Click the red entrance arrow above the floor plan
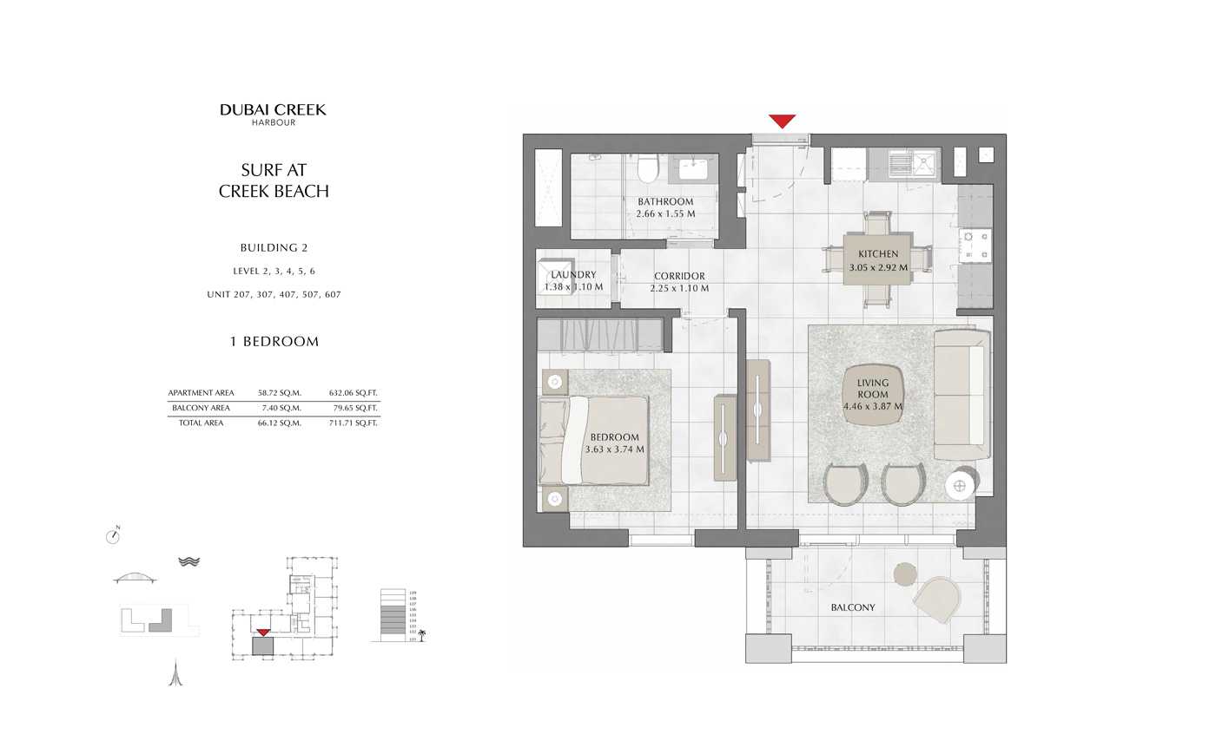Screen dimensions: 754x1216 pyautogui.click(x=782, y=121)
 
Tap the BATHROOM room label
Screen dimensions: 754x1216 pyautogui.click(x=665, y=201)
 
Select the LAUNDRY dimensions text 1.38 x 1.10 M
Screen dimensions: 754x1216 pyautogui.click(x=573, y=287)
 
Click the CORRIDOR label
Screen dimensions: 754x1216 pyautogui.click(x=679, y=276)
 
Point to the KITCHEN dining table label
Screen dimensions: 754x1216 pyautogui.click(x=878, y=254)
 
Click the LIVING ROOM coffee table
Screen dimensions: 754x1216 pyautogui.click(x=873, y=395)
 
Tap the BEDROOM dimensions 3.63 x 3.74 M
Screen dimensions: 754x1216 pyautogui.click(x=615, y=449)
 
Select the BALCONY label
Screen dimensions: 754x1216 pyautogui.click(x=852, y=607)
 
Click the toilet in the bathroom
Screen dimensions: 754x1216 pyautogui.click(x=647, y=168)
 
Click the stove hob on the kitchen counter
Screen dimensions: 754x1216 pyautogui.click(x=975, y=245)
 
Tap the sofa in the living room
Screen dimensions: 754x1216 pyautogui.click(x=962, y=395)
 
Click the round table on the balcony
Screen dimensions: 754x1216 pyautogui.click(x=905, y=574)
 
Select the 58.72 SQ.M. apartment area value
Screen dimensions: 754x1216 pyautogui.click(x=280, y=393)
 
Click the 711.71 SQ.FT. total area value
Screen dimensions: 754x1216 pyautogui.click(x=354, y=423)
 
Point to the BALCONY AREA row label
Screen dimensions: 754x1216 pyautogui.click(x=201, y=408)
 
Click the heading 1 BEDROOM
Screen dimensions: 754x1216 pyautogui.click(x=274, y=342)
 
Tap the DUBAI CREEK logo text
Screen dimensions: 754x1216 pyautogui.click(x=273, y=109)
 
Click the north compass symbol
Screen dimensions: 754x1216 pyautogui.click(x=113, y=536)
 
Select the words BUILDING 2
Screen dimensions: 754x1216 pyautogui.click(x=274, y=248)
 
